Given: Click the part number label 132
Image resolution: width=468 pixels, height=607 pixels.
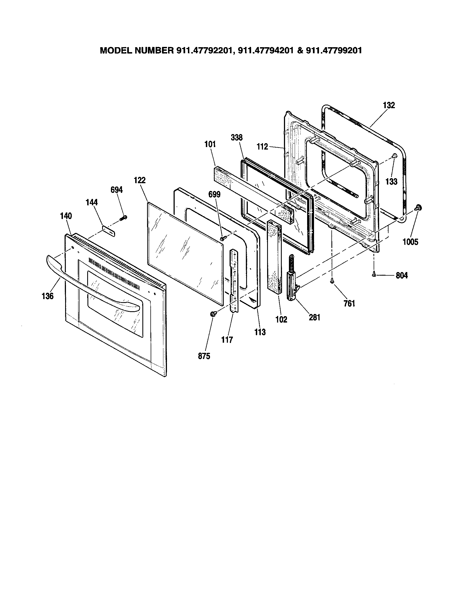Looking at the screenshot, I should pos(389,105).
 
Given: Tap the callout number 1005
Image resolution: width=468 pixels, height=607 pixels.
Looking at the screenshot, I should pos(410,242).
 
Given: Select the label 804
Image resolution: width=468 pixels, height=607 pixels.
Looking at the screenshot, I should pos(401,275).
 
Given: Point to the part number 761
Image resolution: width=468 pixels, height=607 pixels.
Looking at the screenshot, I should pos(349,303).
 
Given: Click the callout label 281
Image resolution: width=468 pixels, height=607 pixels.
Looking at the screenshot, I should pos(315,317).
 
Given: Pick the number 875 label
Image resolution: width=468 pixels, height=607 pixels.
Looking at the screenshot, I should pos(204,356).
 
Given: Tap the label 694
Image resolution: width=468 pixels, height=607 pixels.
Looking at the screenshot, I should pos(116,190).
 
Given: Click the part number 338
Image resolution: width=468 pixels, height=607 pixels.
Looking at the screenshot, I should pos(236,138).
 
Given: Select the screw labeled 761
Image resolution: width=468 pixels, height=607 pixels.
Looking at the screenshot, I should pos(332,281).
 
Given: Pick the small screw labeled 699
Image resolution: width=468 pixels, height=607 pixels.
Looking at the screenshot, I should pos(222,238).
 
